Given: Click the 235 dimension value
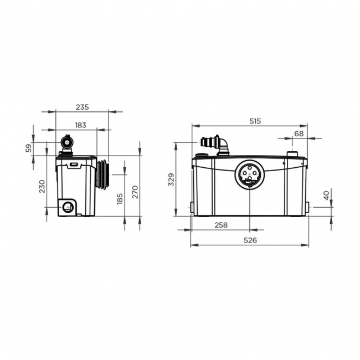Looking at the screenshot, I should (83, 107).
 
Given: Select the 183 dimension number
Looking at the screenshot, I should (81, 125).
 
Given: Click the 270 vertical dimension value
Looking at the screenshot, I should (135, 192).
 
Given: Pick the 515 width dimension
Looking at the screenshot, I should (254, 120).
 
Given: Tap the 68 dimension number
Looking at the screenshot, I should (299, 133).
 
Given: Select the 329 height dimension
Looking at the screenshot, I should (171, 179).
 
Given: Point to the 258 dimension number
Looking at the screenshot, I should (220, 225).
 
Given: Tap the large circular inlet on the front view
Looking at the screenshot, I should (249, 174).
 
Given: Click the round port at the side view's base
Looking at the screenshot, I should (68, 208).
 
